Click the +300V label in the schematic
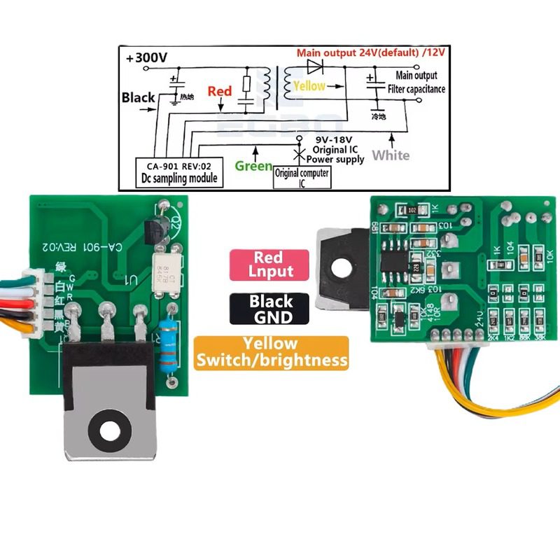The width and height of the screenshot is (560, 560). click(x=146, y=59)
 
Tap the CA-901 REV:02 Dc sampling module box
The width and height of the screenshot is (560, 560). click(x=176, y=171)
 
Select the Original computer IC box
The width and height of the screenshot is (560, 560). click(x=302, y=177)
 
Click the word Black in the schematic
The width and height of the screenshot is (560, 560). click(x=138, y=97)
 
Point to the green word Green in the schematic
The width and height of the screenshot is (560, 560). click(x=253, y=166)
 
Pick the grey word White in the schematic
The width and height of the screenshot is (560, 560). click(x=391, y=155)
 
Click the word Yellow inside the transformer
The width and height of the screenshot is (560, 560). click(x=309, y=86)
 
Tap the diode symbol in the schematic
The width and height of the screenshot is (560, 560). click(x=314, y=68)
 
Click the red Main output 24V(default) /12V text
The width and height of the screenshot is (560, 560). click(x=372, y=53)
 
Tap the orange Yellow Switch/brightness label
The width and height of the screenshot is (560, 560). click(x=271, y=352)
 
